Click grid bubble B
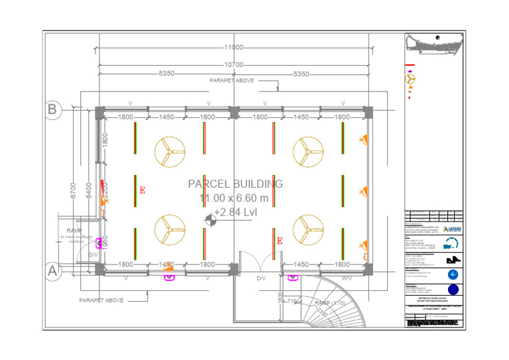(54, 109)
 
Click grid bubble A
(54, 270)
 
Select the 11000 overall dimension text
(233, 48)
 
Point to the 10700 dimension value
(233, 65)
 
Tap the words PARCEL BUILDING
(235, 184)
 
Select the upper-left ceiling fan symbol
(170, 152)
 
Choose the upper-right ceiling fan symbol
(308, 152)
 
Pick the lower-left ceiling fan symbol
(170, 229)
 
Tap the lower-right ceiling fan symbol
(308, 229)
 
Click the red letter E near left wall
(142, 190)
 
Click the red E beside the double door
(279, 241)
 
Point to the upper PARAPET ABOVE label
(231, 80)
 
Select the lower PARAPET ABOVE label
(101, 300)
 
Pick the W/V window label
(347, 279)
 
